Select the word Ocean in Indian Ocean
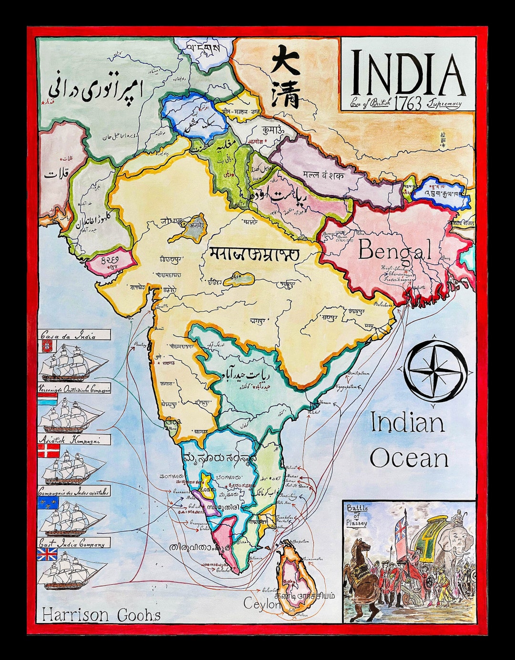pyautogui.click(x=409, y=458)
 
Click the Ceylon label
pyautogui.click(x=262, y=604)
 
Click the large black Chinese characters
pyautogui.click(x=286, y=76)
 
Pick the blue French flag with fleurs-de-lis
pyautogui.click(x=48, y=503)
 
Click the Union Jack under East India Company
pyautogui.click(x=47, y=554)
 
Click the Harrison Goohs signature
pyautogui.click(x=101, y=615)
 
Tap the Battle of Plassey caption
pyautogui.click(x=357, y=515)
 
